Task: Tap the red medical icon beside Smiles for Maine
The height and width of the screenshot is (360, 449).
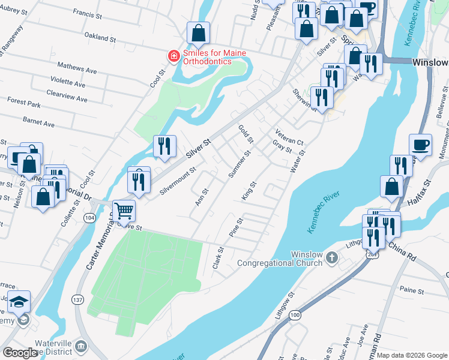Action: point(173,56)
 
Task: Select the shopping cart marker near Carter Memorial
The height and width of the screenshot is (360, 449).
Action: point(124,211)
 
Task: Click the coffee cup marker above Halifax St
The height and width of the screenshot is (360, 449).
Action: point(421,145)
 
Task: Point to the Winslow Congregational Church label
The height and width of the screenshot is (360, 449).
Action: point(280,259)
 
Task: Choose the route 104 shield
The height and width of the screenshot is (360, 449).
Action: point(90,217)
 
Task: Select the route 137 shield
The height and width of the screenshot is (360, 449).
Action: point(77,299)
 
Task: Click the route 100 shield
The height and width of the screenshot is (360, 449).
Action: point(294,314)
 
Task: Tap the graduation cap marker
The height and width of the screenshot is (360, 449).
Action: point(19,302)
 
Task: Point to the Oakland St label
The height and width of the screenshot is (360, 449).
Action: point(100,38)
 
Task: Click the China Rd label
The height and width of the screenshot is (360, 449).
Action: point(402,251)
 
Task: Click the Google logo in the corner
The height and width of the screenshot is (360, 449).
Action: point(19,353)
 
